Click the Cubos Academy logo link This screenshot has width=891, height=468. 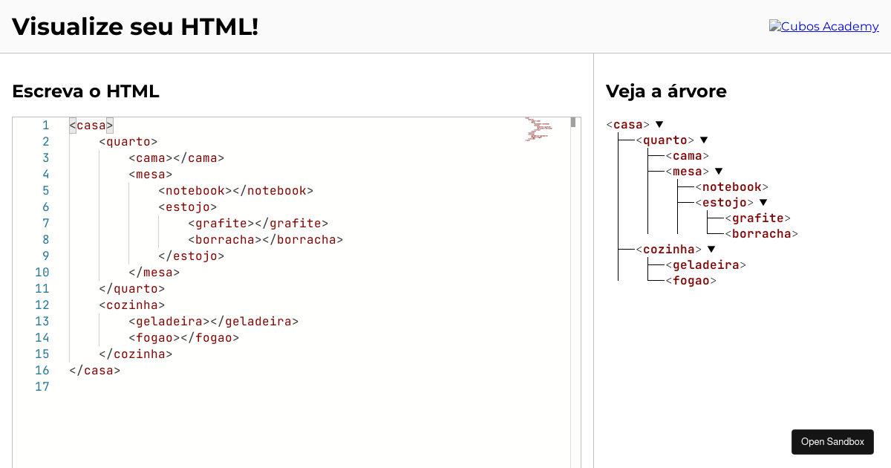point(823,27)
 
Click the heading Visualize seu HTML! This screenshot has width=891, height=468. point(135,27)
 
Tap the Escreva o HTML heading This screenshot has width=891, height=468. point(85,91)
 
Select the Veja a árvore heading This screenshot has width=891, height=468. point(666,91)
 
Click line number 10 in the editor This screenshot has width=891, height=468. point(42,272)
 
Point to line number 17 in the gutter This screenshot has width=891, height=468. point(42,386)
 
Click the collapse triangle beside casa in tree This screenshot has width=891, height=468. point(659,124)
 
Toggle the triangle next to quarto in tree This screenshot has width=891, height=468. point(704,140)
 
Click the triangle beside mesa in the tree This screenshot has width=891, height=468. point(719,171)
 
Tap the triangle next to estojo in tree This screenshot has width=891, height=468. point(763,202)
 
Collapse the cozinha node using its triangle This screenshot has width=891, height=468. point(711,249)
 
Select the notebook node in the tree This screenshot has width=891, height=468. point(731,186)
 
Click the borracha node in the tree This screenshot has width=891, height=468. point(761,233)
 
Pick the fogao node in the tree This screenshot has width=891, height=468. point(691,280)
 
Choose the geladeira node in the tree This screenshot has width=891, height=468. point(705,264)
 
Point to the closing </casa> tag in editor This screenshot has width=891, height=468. point(94,370)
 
